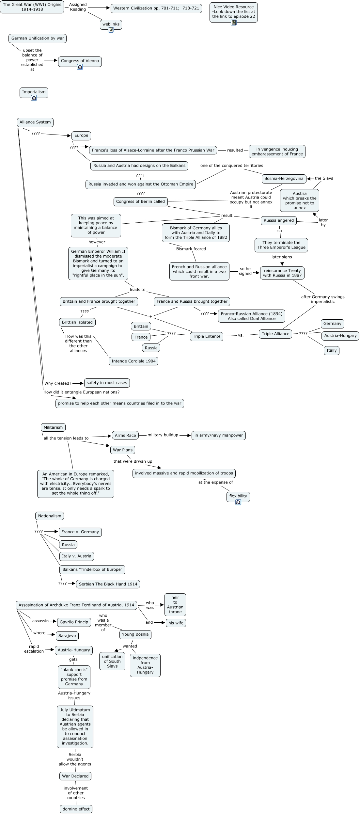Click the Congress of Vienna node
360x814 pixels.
click(80, 62)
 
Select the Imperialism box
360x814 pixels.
click(34, 93)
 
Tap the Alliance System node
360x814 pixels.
click(35, 122)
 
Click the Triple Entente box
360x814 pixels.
click(207, 336)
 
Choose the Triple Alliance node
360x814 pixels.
click(275, 334)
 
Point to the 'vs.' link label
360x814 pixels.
click(241, 335)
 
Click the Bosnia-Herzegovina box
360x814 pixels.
click(284, 179)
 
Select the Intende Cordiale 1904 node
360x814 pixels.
click(133, 361)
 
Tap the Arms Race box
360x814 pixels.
click(125, 435)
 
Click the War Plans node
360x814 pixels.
click(123, 450)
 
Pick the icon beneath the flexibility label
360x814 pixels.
click(238, 502)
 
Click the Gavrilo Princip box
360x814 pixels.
click(74, 622)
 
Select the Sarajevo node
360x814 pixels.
click(67, 636)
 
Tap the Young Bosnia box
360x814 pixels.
click(135, 634)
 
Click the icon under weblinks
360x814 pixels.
click(111, 30)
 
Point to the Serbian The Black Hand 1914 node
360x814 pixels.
click(108, 584)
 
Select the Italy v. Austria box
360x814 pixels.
click(77, 556)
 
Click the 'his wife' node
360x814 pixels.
click(176, 623)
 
